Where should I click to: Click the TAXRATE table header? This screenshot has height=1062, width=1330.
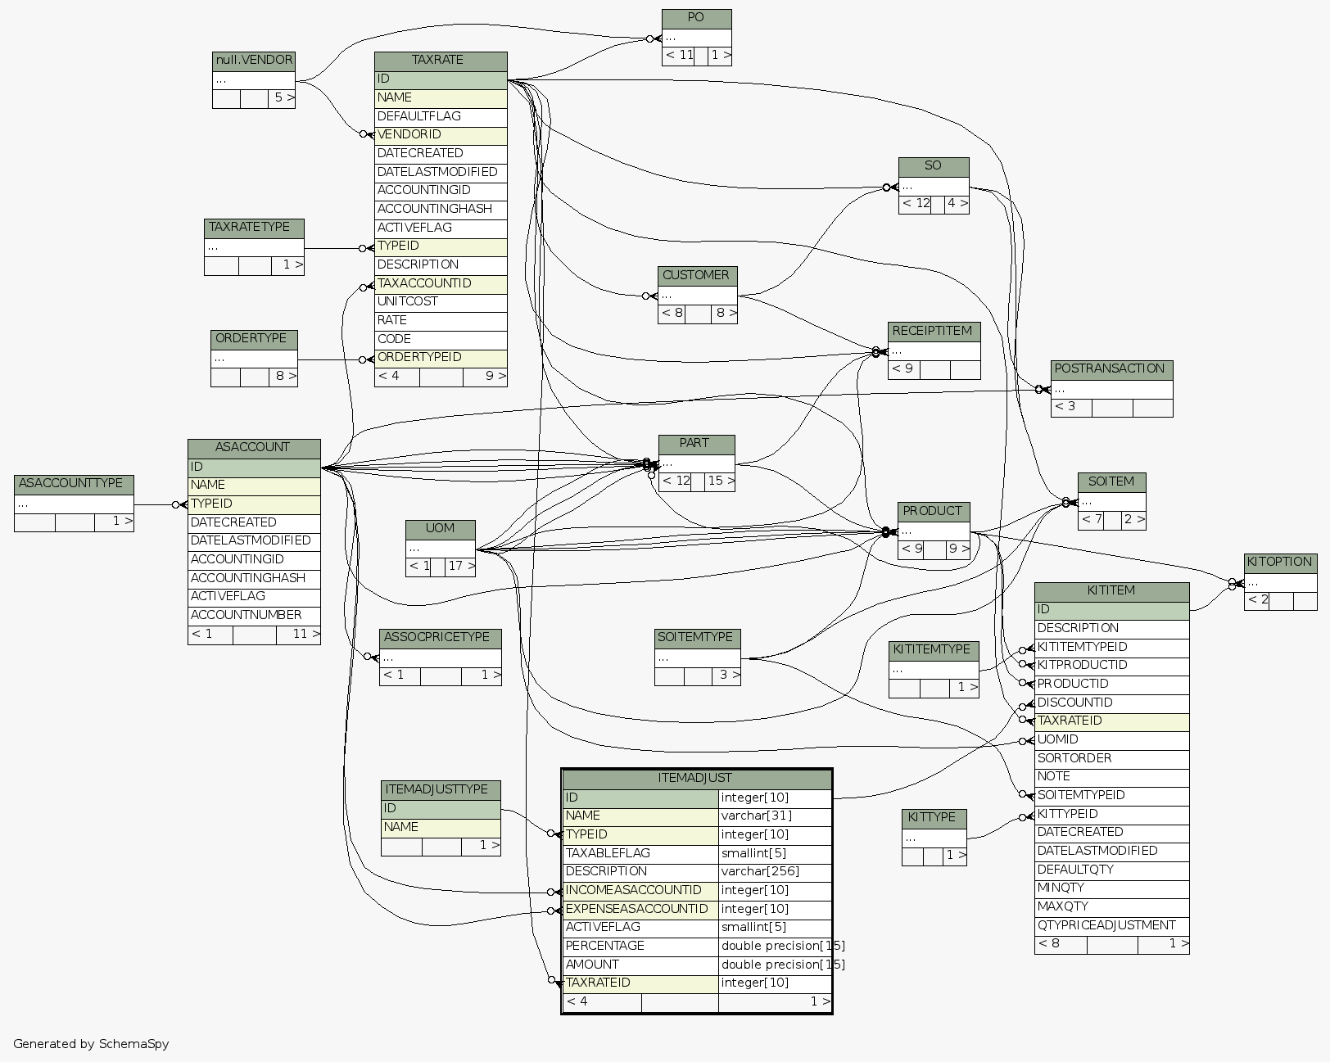coord(440,61)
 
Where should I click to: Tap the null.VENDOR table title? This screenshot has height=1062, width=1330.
coord(253,61)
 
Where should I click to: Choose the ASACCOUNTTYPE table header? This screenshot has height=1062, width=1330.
coord(74,484)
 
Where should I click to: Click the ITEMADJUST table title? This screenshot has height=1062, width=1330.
coord(695,779)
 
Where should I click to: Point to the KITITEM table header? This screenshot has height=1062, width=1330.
coord(1111,590)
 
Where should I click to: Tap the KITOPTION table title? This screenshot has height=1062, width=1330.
coord(1280,563)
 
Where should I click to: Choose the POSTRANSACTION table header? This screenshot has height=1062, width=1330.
coord(1111,369)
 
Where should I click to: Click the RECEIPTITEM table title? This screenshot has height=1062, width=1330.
coord(933,332)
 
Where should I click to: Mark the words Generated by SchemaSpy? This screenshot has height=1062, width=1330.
coord(91,1044)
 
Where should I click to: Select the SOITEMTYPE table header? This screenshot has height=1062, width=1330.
coord(697,637)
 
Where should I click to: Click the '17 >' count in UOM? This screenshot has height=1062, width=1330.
coord(460,566)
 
